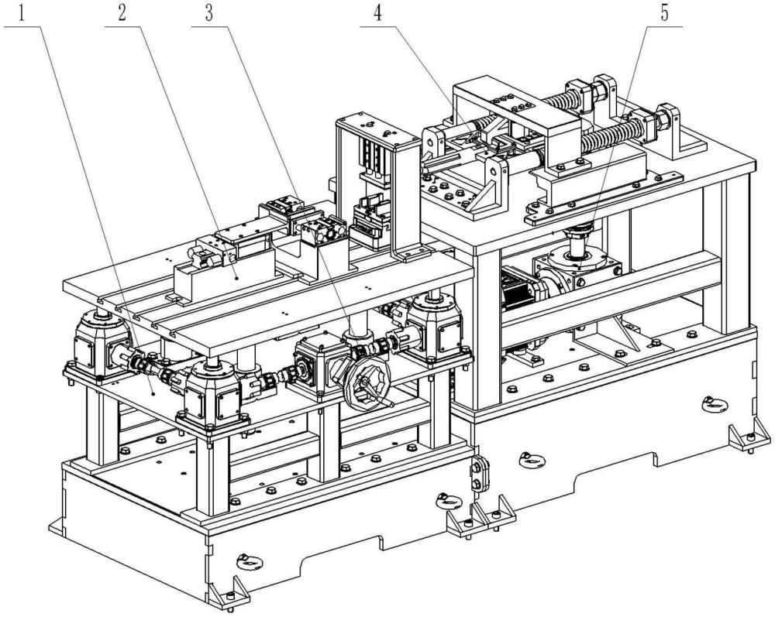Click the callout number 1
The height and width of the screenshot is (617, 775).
pyautogui.click(x=21, y=14)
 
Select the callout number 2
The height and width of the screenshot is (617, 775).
pyautogui.click(x=122, y=14)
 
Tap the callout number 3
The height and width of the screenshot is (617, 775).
pyautogui.click(x=209, y=14)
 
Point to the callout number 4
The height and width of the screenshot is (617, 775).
pyautogui.click(x=377, y=14)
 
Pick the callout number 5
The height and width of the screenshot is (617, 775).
pyautogui.click(x=664, y=14)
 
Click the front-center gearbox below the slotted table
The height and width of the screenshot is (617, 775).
pyautogui.click(x=214, y=394)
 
